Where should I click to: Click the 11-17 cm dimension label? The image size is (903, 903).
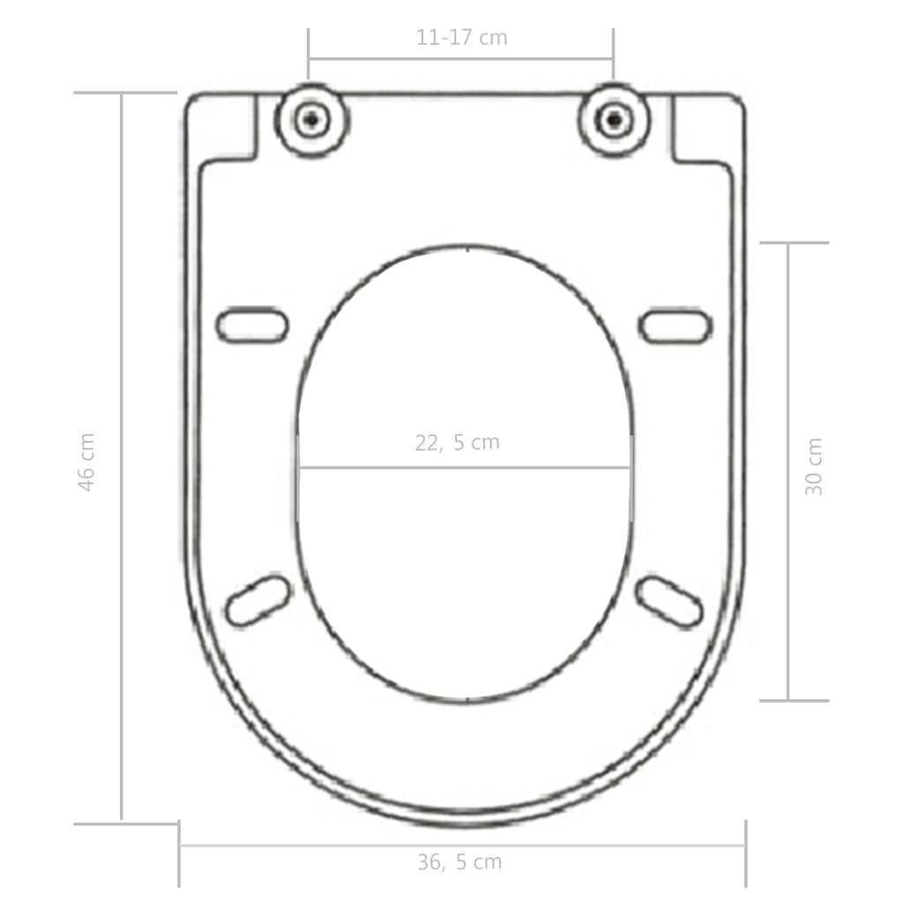coord(461,38)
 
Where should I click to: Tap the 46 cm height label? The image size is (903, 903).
coord(86,461)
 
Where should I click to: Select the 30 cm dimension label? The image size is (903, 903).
coord(814,466)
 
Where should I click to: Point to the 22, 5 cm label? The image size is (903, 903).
coord(457,443)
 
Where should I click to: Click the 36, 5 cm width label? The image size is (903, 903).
coord(459,862)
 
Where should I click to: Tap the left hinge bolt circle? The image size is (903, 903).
coord(310,120)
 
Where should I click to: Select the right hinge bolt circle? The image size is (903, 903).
coord(614,120)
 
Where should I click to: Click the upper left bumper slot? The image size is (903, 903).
coord(252,325)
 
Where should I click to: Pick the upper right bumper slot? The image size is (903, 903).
coord(675,326)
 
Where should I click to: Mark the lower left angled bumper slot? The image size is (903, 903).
coord(258,601)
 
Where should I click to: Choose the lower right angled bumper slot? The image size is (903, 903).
coord(669,601)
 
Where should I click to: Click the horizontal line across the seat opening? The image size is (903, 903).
coord(465,467)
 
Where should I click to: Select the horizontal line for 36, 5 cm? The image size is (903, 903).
coord(462,846)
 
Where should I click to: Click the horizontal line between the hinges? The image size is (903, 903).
coord(461,60)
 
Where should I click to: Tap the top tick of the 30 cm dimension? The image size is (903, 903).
coord(794,243)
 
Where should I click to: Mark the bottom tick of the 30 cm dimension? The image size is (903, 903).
coord(794,701)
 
